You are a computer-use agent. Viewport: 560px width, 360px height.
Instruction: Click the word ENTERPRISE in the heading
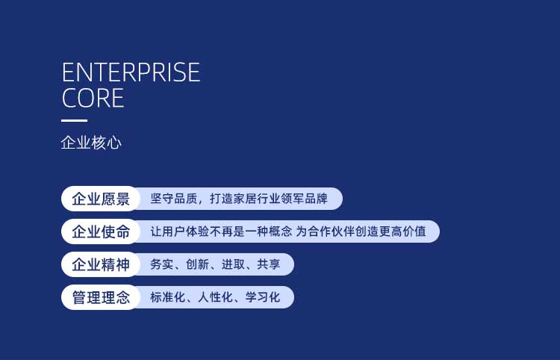click(x=131, y=72)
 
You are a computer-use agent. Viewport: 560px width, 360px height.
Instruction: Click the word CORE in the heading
click(x=93, y=98)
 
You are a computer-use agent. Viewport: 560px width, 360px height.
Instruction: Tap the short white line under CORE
click(x=74, y=121)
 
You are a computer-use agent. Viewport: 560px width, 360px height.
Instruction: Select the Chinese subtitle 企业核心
click(x=91, y=143)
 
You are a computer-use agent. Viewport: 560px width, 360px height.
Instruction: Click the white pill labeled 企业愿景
click(x=101, y=199)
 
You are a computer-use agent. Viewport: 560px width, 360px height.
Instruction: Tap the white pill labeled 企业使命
click(x=101, y=232)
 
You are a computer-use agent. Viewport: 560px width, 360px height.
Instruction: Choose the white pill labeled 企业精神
click(x=101, y=264)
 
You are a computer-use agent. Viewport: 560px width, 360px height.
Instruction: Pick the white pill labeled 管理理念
click(x=101, y=297)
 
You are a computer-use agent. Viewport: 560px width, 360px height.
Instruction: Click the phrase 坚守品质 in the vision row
click(x=173, y=199)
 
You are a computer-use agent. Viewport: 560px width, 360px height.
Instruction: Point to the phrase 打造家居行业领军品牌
click(x=269, y=199)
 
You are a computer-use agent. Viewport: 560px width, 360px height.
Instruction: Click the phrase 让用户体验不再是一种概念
click(x=221, y=232)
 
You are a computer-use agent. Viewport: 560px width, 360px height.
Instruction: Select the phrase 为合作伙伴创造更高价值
click(x=361, y=232)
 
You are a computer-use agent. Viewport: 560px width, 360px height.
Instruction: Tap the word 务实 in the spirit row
click(x=161, y=264)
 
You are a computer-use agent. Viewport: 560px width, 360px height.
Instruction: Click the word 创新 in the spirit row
click(x=197, y=264)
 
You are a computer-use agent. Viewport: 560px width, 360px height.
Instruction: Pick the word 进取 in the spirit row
click(x=233, y=264)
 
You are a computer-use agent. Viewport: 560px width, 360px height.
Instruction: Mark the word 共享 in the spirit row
click(x=269, y=264)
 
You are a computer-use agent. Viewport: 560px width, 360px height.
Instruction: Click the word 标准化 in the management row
click(x=167, y=297)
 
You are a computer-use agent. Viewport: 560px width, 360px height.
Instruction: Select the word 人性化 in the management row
click(x=215, y=297)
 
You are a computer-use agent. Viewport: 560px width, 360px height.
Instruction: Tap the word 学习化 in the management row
click(x=263, y=297)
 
